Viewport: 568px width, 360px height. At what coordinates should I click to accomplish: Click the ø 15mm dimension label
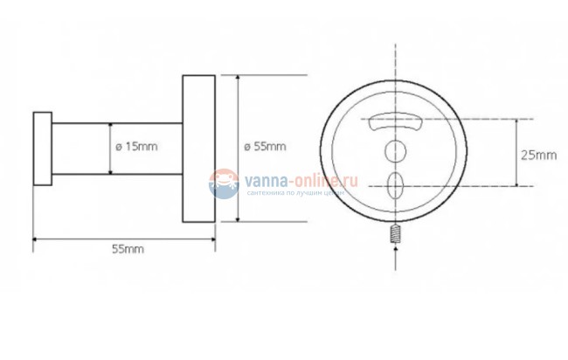138,147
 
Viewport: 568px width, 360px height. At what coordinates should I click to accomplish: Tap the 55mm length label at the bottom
128,249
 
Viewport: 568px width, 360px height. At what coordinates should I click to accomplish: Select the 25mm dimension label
538,155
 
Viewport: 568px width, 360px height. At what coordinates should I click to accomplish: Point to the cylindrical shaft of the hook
83,148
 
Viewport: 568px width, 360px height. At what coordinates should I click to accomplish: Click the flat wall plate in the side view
198,148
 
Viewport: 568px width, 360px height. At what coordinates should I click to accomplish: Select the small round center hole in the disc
395,150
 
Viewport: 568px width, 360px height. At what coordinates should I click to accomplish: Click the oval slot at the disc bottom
395,184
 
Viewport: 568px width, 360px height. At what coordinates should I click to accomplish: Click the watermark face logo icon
224,182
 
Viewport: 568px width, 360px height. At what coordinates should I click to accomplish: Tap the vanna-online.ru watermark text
302,178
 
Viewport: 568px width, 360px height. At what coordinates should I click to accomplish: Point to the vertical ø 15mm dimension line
111,148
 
